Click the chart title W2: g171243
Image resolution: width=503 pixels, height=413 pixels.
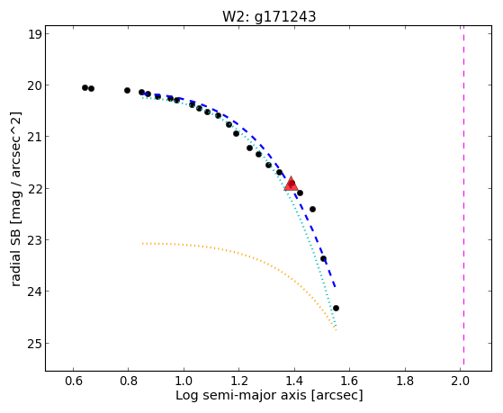click(269, 16)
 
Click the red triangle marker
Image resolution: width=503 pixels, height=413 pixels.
click(291, 184)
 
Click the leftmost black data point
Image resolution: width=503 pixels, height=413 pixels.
click(85, 87)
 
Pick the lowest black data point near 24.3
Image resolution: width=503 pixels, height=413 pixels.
click(336, 308)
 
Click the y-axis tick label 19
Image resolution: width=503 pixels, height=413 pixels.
click(35, 34)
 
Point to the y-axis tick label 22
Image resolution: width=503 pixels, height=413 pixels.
click(35, 188)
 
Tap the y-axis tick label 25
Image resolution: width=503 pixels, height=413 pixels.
click(35, 344)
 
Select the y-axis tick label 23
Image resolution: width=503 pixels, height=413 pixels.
click(35, 240)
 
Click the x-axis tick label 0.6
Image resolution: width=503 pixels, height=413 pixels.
click(73, 381)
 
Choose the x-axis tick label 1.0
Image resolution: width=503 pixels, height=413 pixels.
click(184, 381)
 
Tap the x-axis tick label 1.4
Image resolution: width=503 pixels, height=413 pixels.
click(294, 381)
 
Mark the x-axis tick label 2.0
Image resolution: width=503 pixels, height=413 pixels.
click(460, 381)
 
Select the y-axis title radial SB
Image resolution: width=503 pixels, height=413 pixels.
click(15, 254)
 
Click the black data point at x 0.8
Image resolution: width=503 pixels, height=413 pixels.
click(127, 91)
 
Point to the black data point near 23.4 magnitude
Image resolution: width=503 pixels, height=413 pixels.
click(323, 258)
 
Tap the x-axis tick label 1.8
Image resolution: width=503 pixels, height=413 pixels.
click(405, 381)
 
